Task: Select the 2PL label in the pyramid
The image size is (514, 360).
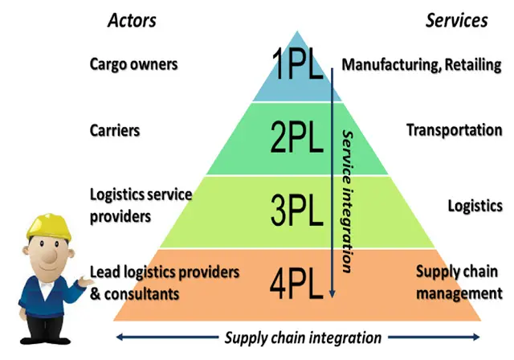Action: pos(297,137)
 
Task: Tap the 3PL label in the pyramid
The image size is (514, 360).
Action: pos(297,211)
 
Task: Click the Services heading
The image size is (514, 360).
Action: pos(456,20)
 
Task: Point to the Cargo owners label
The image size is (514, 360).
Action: pos(133,63)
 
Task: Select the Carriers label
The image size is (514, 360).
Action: pos(115,130)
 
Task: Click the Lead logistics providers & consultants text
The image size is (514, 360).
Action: pos(164,283)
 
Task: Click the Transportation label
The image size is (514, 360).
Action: pos(455,130)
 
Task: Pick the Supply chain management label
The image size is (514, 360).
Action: pos(459,283)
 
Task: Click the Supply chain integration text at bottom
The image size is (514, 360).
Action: pos(303,337)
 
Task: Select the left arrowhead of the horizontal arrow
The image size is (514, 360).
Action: pos(120,337)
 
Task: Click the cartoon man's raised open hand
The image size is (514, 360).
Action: pos(81,278)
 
